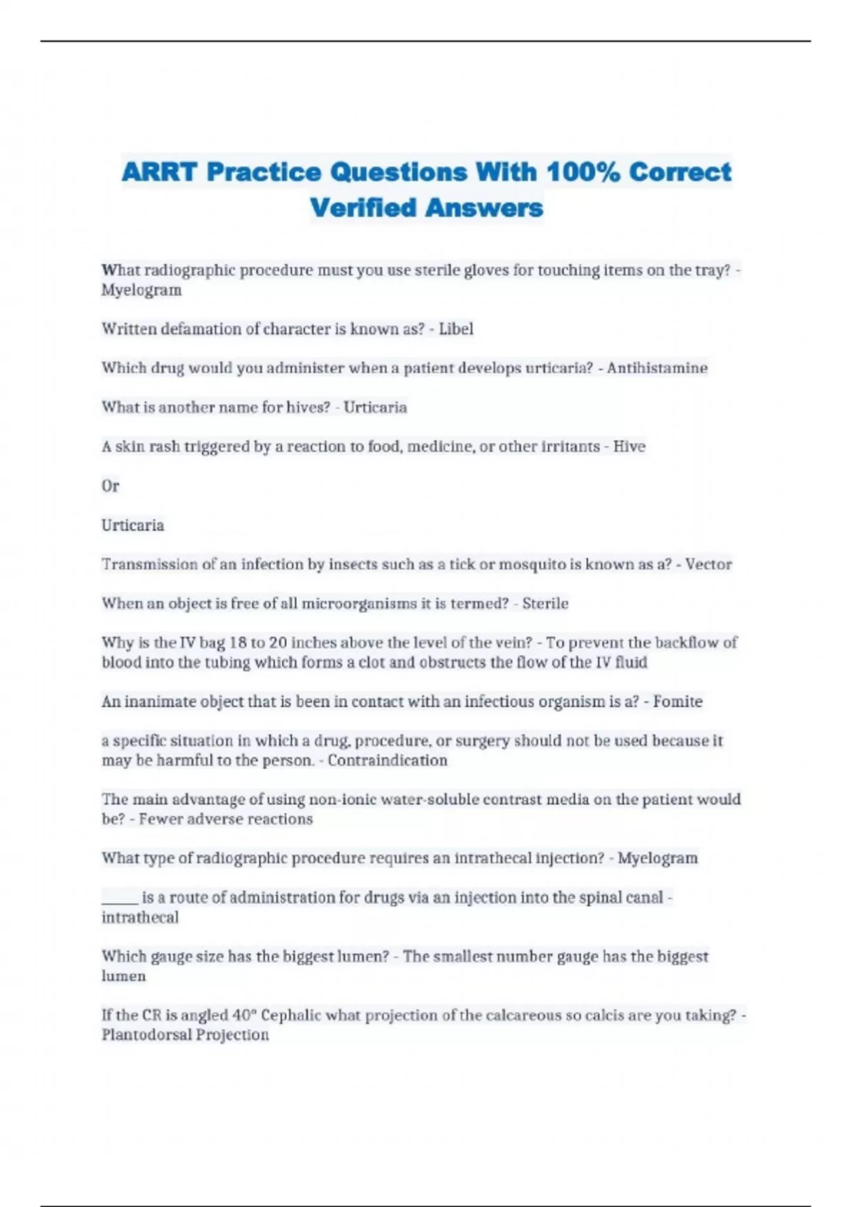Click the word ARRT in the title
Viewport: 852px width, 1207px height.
[158, 172]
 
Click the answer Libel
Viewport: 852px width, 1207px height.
[456, 329]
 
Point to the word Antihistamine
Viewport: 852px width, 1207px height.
[657, 368]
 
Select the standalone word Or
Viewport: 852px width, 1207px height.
[110, 486]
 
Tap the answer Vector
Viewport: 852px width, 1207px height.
[708, 564]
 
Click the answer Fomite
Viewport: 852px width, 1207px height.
[677, 701]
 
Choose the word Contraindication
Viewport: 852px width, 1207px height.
[387, 760]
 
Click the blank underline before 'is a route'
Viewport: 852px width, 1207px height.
[119, 898]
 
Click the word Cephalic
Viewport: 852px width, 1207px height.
[291, 1015]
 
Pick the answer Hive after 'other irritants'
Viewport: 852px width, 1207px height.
[629, 447]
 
